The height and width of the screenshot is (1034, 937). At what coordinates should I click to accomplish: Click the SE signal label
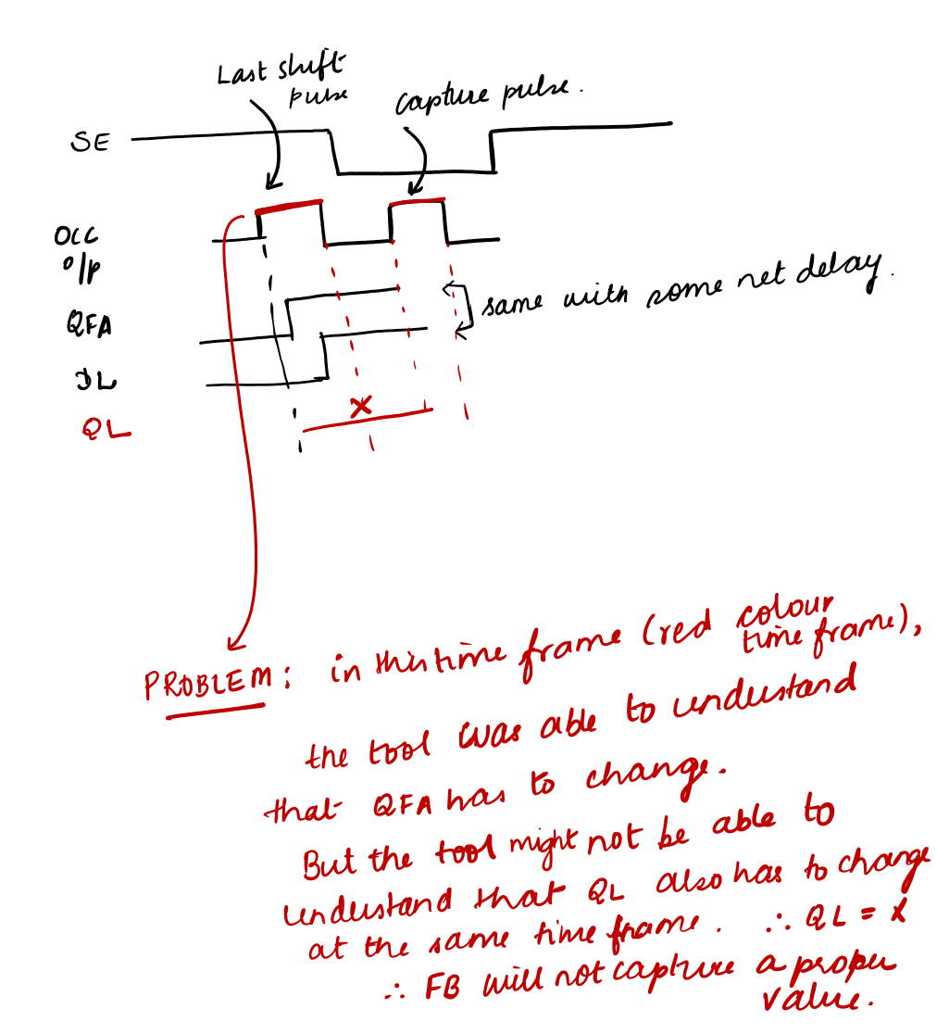(x=90, y=144)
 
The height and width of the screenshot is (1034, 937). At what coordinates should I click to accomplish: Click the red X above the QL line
(x=362, y=406)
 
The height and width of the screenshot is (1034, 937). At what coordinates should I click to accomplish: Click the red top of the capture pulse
(x=418, y=201)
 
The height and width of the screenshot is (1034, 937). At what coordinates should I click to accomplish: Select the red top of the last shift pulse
(x=290, y=206)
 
